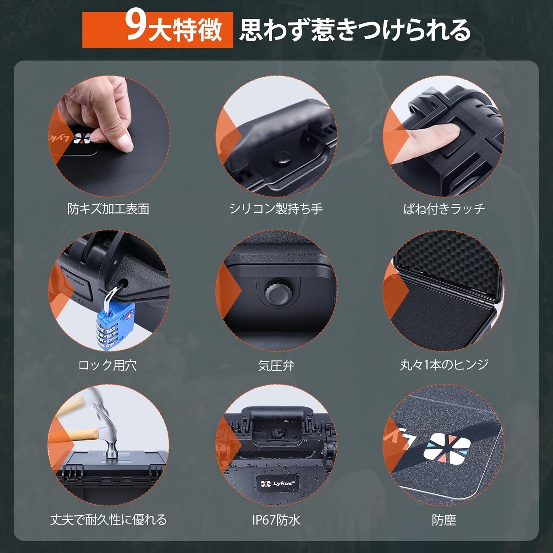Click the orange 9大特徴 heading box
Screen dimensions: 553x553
point(157,29)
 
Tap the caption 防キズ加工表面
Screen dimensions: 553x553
point(108,209)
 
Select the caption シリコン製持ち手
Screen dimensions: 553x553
point(276,209)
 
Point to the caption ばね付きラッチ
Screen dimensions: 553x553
point(444,209)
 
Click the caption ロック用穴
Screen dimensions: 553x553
point(107,365)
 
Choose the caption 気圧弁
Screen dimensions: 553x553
point(276,366)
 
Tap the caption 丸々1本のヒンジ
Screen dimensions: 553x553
point(444,365)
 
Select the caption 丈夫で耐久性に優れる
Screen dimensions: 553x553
point(108,520)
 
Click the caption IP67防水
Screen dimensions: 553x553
point(276,520)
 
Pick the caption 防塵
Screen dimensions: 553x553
point(444,520)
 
